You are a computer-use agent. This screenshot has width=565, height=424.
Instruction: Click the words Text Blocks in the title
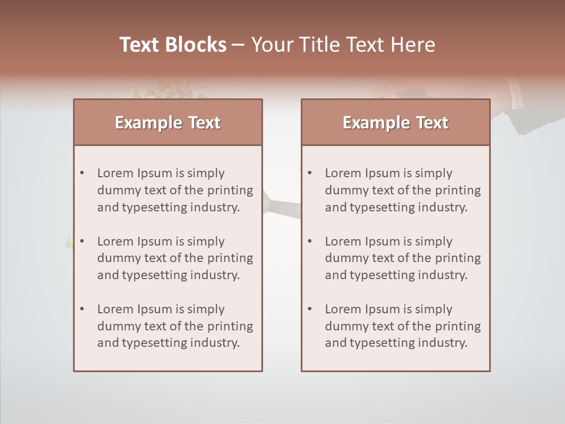(173, 45)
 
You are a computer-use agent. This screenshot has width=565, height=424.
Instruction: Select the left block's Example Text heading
(168, 122)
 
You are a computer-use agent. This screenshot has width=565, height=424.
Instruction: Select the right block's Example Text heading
(395, 122)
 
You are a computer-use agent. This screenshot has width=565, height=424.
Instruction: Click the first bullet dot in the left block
(82, 173)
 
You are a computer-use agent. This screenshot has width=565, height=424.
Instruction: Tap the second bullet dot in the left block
(82, 241)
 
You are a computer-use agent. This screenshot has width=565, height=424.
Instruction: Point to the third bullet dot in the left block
(82, 309)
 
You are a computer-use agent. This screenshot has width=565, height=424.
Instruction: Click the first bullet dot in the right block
(310, 173)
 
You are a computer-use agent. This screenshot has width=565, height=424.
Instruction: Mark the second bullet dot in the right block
(310, 241)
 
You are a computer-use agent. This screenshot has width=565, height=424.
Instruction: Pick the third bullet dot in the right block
(310, 309)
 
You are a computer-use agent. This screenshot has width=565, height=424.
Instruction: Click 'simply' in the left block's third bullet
(206, 309)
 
